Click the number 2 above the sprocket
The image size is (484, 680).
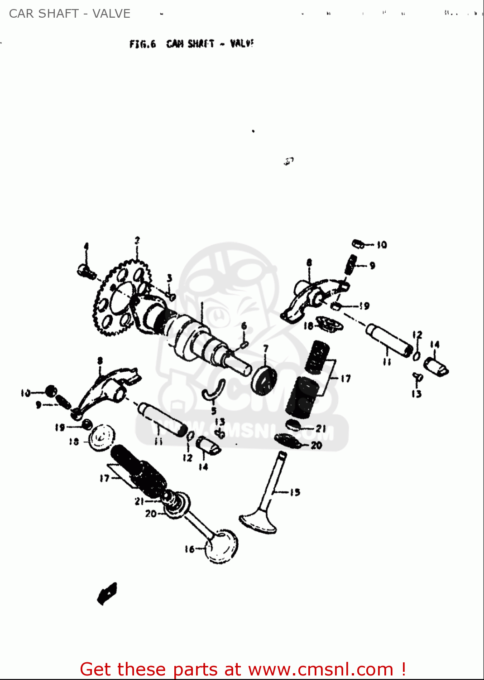point(137,240)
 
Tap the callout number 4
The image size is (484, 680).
point(86,246)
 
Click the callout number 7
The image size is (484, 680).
point(266,348)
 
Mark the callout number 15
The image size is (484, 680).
point(295,492)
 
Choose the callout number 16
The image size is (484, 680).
point(189,549)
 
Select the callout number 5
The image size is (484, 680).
point(214,411)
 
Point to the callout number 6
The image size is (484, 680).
point(244,326)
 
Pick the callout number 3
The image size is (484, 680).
point(169,277)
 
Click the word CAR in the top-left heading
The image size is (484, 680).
point(21,14)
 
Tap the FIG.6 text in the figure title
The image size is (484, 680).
point(143,44)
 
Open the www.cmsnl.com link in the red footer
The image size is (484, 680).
point(321,669)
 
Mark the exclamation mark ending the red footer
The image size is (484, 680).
point(403,669)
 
